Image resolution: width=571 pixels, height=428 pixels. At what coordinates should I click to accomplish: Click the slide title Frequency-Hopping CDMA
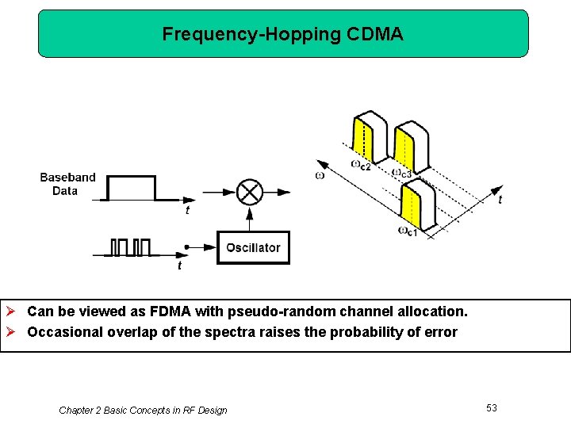tap(282, 34)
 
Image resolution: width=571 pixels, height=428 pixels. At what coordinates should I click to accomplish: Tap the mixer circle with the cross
tap(251, 192)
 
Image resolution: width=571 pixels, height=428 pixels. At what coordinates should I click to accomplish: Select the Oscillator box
tap(253, 247)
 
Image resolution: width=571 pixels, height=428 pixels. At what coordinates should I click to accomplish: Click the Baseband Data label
tap(67, 184)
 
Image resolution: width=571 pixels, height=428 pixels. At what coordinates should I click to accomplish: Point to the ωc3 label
tap(401, 172)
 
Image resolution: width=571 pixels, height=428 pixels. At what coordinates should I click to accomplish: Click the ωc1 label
tap(408, 231)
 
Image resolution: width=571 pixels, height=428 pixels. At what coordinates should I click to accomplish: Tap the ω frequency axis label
tap(320, 174)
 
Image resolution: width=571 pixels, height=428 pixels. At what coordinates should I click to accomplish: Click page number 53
tap(492, 407)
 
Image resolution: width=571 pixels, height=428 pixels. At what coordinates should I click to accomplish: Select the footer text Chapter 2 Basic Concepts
tap(143, 410)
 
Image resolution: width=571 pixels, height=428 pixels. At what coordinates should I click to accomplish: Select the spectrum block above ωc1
tap(418, 205)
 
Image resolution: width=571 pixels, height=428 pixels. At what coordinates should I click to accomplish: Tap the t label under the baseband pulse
tap(187, 211)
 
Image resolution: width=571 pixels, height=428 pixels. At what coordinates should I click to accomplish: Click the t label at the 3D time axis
tap(500, 200)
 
